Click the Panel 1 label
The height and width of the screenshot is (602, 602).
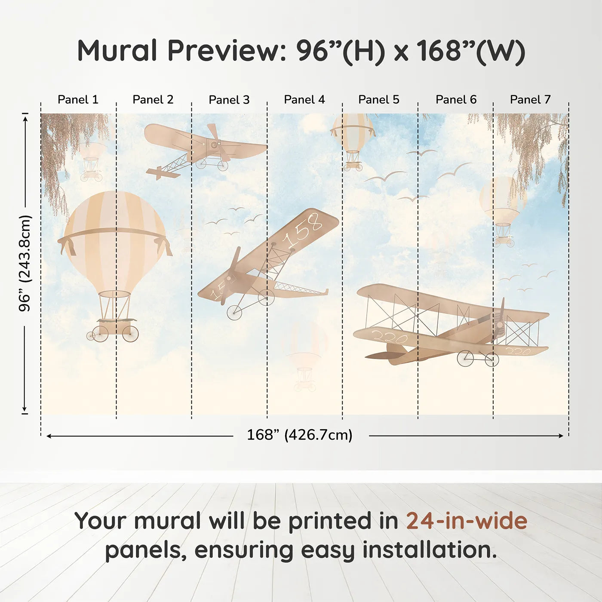78,100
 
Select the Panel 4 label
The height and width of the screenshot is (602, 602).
304,100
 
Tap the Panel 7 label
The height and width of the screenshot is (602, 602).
530,100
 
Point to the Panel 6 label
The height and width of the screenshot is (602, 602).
456,100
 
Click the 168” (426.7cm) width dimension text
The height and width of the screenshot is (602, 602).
300,435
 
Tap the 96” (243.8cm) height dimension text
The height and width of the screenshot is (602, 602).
25,263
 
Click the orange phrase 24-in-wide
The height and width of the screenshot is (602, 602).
467,521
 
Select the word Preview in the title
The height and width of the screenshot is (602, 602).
224,51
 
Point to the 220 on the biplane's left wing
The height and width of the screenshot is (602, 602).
390,337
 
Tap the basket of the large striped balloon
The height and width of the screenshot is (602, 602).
114,327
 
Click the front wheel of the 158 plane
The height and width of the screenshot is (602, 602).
234,312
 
